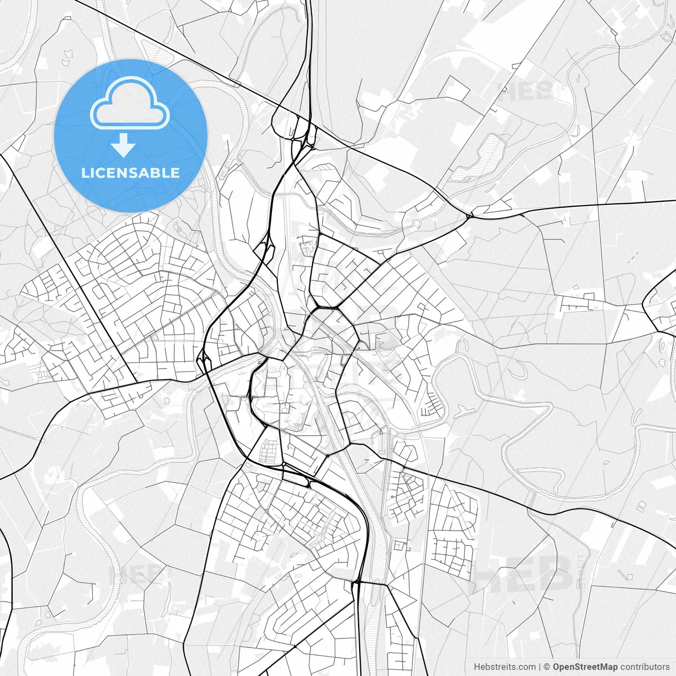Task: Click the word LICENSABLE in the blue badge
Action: point(130,173)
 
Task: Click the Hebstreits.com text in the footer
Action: point(504,666)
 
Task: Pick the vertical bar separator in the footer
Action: point(539,666)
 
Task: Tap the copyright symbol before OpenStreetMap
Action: point(547,666)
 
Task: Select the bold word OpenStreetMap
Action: point(585,666)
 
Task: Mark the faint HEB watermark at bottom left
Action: point(135,574)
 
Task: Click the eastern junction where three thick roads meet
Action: point(470,216)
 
